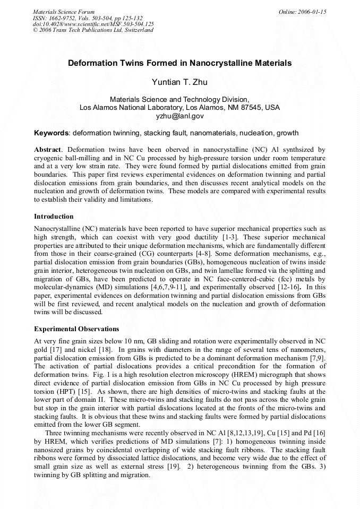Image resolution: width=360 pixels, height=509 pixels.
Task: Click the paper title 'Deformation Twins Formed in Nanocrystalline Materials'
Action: click(x=179, y=63)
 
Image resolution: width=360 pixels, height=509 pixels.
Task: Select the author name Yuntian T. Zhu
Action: click(x=179, y=82)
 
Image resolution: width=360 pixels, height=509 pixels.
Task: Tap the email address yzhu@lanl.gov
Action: click(x=179, y=116)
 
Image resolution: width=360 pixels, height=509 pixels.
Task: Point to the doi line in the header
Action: click(x=93, y=24)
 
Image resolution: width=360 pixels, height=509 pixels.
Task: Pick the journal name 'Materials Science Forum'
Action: click(x=64, y=12)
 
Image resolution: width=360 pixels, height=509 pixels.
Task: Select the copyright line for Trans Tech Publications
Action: click(x=93, y=30)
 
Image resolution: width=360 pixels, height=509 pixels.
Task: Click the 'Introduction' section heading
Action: click(x=54, y=217)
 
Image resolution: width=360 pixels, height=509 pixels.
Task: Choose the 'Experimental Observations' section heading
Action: click(x=76, y=329)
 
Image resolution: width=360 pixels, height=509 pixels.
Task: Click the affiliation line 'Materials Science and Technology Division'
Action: click(x=179, y=99)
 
